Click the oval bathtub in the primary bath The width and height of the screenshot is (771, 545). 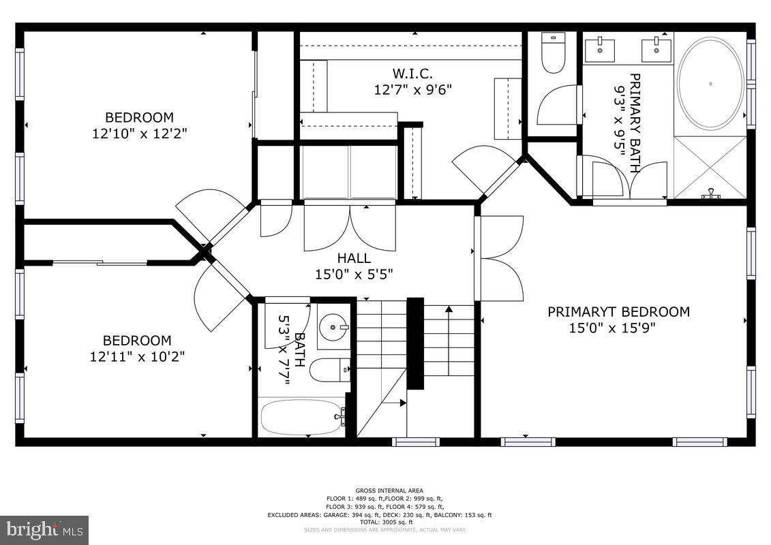[711, 83]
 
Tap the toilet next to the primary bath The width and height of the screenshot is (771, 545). [553, 53]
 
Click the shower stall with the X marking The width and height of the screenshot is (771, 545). [710, 168]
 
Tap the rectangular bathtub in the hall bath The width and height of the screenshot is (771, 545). [300, 416]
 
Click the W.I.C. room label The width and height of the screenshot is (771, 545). [412, 74]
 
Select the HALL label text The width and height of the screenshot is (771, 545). [354, 258]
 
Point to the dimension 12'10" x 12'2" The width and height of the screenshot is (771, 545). [139, 134]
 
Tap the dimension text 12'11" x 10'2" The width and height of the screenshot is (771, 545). [137, 356]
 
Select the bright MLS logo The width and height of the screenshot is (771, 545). [44, 529]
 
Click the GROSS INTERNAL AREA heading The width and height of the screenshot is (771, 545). [389, 490]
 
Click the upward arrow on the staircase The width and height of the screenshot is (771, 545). [449, 311]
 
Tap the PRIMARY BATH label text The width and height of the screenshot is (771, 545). [635, 123]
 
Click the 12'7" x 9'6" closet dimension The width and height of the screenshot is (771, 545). [412, 89]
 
